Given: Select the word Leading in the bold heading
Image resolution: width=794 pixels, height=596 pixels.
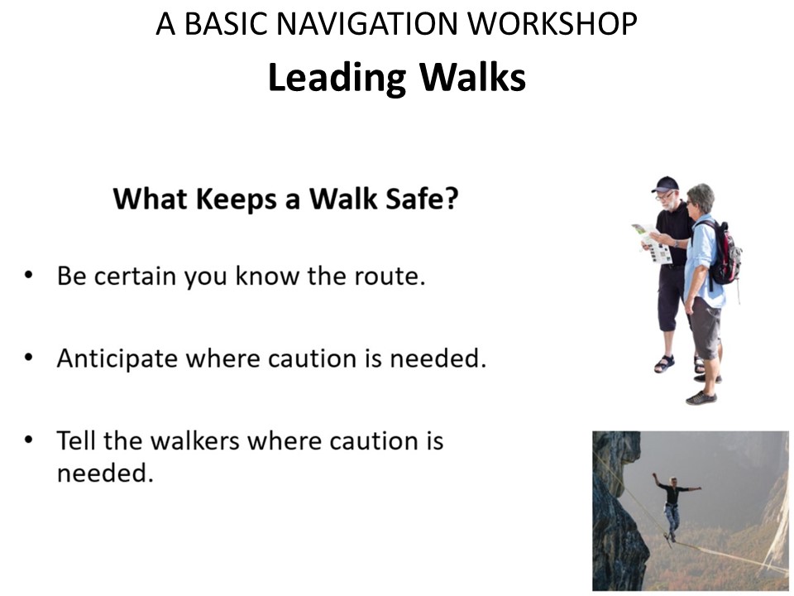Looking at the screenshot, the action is (x=337, y=79).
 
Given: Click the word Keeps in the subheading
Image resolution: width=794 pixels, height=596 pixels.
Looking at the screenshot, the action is (x=236, y=199).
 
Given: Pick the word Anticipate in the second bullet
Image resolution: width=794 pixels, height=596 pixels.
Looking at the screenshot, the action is (x=117, y=358).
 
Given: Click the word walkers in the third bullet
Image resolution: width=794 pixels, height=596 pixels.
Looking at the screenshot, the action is (x=195, y=440).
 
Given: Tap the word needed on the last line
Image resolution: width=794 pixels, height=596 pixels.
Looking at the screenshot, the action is (x=102, y=473).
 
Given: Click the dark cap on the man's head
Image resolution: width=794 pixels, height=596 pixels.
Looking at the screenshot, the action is (x=665, y=184).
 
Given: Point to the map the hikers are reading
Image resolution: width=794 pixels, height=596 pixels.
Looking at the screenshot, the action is (x=651, y=243).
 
